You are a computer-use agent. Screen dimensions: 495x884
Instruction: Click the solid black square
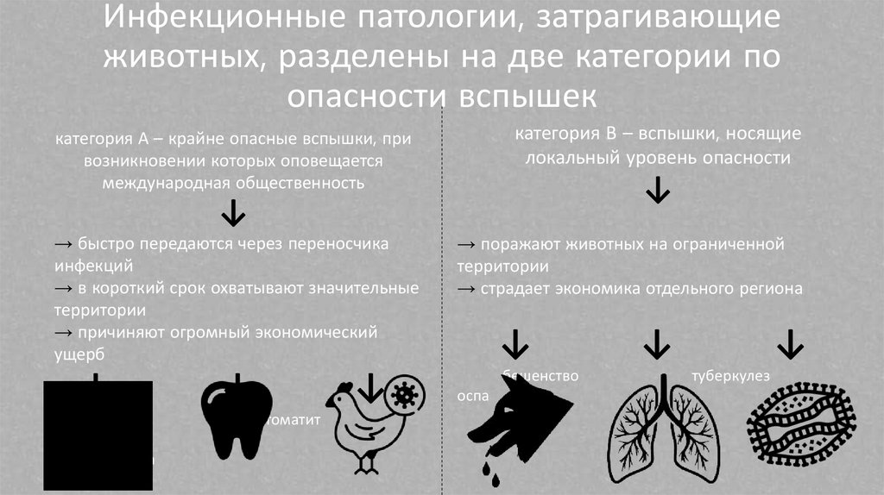click(98, 434)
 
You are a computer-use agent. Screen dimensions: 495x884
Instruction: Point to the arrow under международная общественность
click(233, 212)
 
